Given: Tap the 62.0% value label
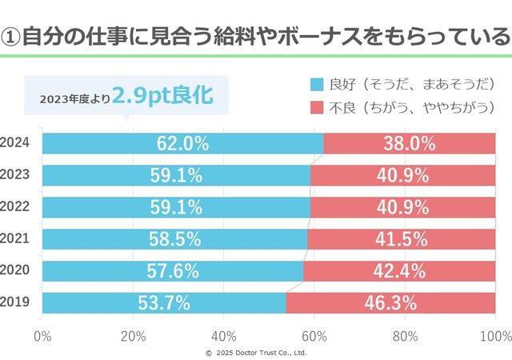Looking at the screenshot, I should [x=182, y=143].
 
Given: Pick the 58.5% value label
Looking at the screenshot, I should [x=174, y=239].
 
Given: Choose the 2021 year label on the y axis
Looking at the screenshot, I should [x=16, y=238].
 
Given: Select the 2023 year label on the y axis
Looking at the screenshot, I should [x=16, y=174].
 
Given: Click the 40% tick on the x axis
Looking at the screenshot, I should [x=223, y=334].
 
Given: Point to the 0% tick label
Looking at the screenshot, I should [x=42, y=334].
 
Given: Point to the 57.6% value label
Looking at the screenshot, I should [x=173, y=271].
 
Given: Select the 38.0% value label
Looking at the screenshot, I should [x=409, y=143].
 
